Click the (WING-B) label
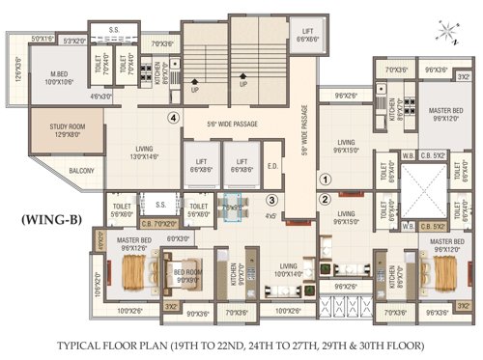[x=51, y=220]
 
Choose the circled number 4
[x=173, y=118]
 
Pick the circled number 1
[x=326, y=179]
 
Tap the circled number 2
[x=326, y=200]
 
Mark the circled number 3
[x=273, y=200]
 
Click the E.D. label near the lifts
[x=272, y=164]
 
